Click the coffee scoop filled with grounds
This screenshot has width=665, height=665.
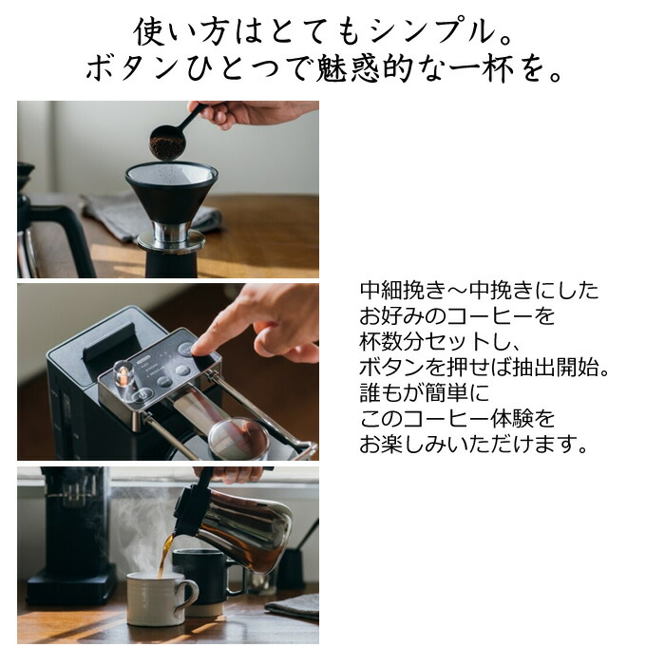click(x=168, y=142)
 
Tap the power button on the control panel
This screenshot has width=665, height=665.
click(x=186, y=349)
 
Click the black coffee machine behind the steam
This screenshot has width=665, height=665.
click(x=71, y=532)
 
